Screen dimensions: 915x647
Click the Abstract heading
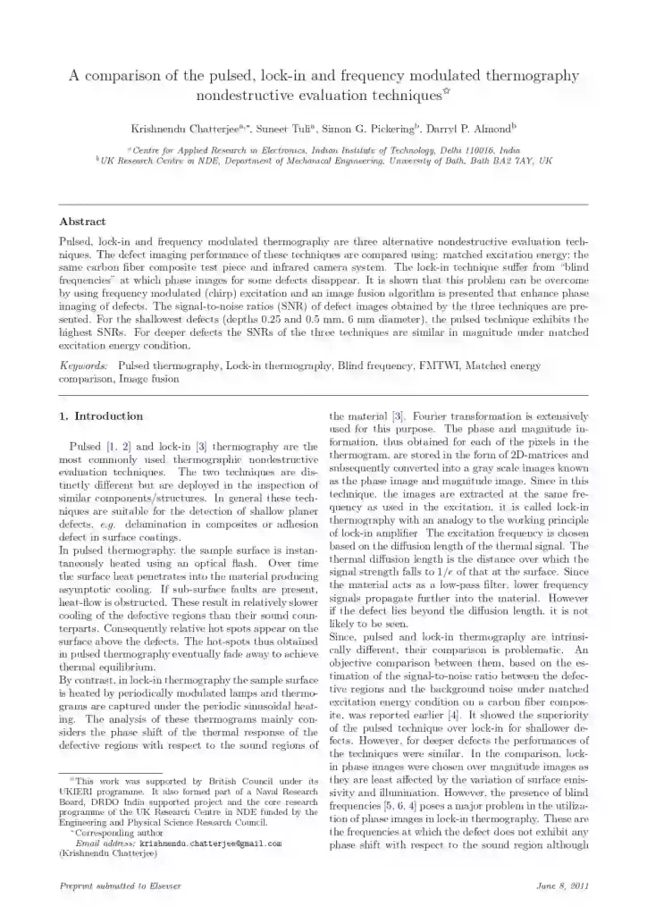[82, 221]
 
